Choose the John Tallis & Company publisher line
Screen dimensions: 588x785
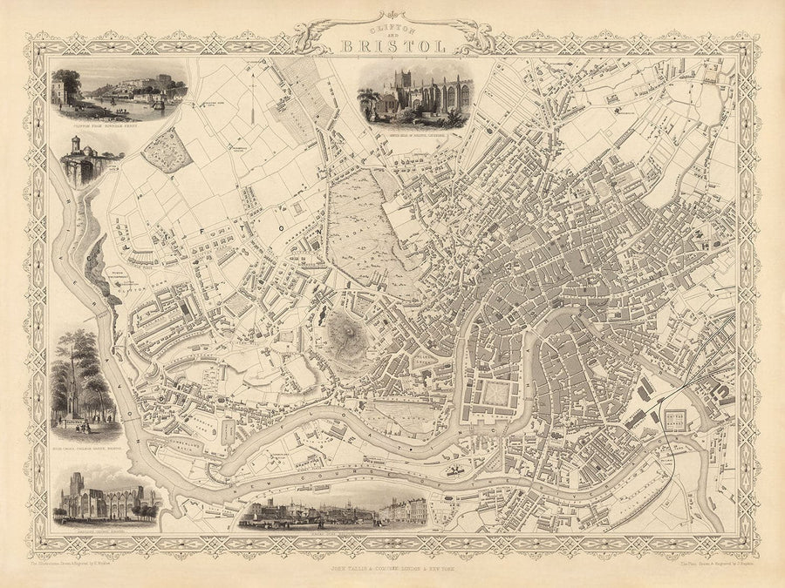coord(392,567)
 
